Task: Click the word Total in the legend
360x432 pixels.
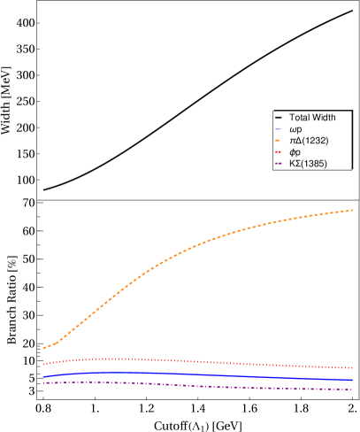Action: tap(299, 118)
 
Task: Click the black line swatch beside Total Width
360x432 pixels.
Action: tap(280, 118)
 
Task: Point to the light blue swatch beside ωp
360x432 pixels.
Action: tap(280, 129)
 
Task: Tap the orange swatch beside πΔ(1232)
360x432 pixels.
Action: tap(280, 141)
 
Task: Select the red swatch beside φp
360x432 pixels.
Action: tap(280, 152)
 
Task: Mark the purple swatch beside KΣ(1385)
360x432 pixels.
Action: tap(280, 164)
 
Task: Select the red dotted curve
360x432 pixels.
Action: tap(177, 360)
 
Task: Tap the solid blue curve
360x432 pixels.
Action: tap(177, 374)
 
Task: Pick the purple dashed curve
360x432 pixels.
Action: tap(177, 385)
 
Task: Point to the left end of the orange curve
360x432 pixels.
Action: tap(43, 348)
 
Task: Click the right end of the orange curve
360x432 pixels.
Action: tap(353, 210)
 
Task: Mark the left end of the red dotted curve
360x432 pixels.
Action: tap(43, 364)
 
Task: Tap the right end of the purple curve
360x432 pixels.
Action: tap(353, 390)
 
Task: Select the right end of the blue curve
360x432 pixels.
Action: tap(353, 380)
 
